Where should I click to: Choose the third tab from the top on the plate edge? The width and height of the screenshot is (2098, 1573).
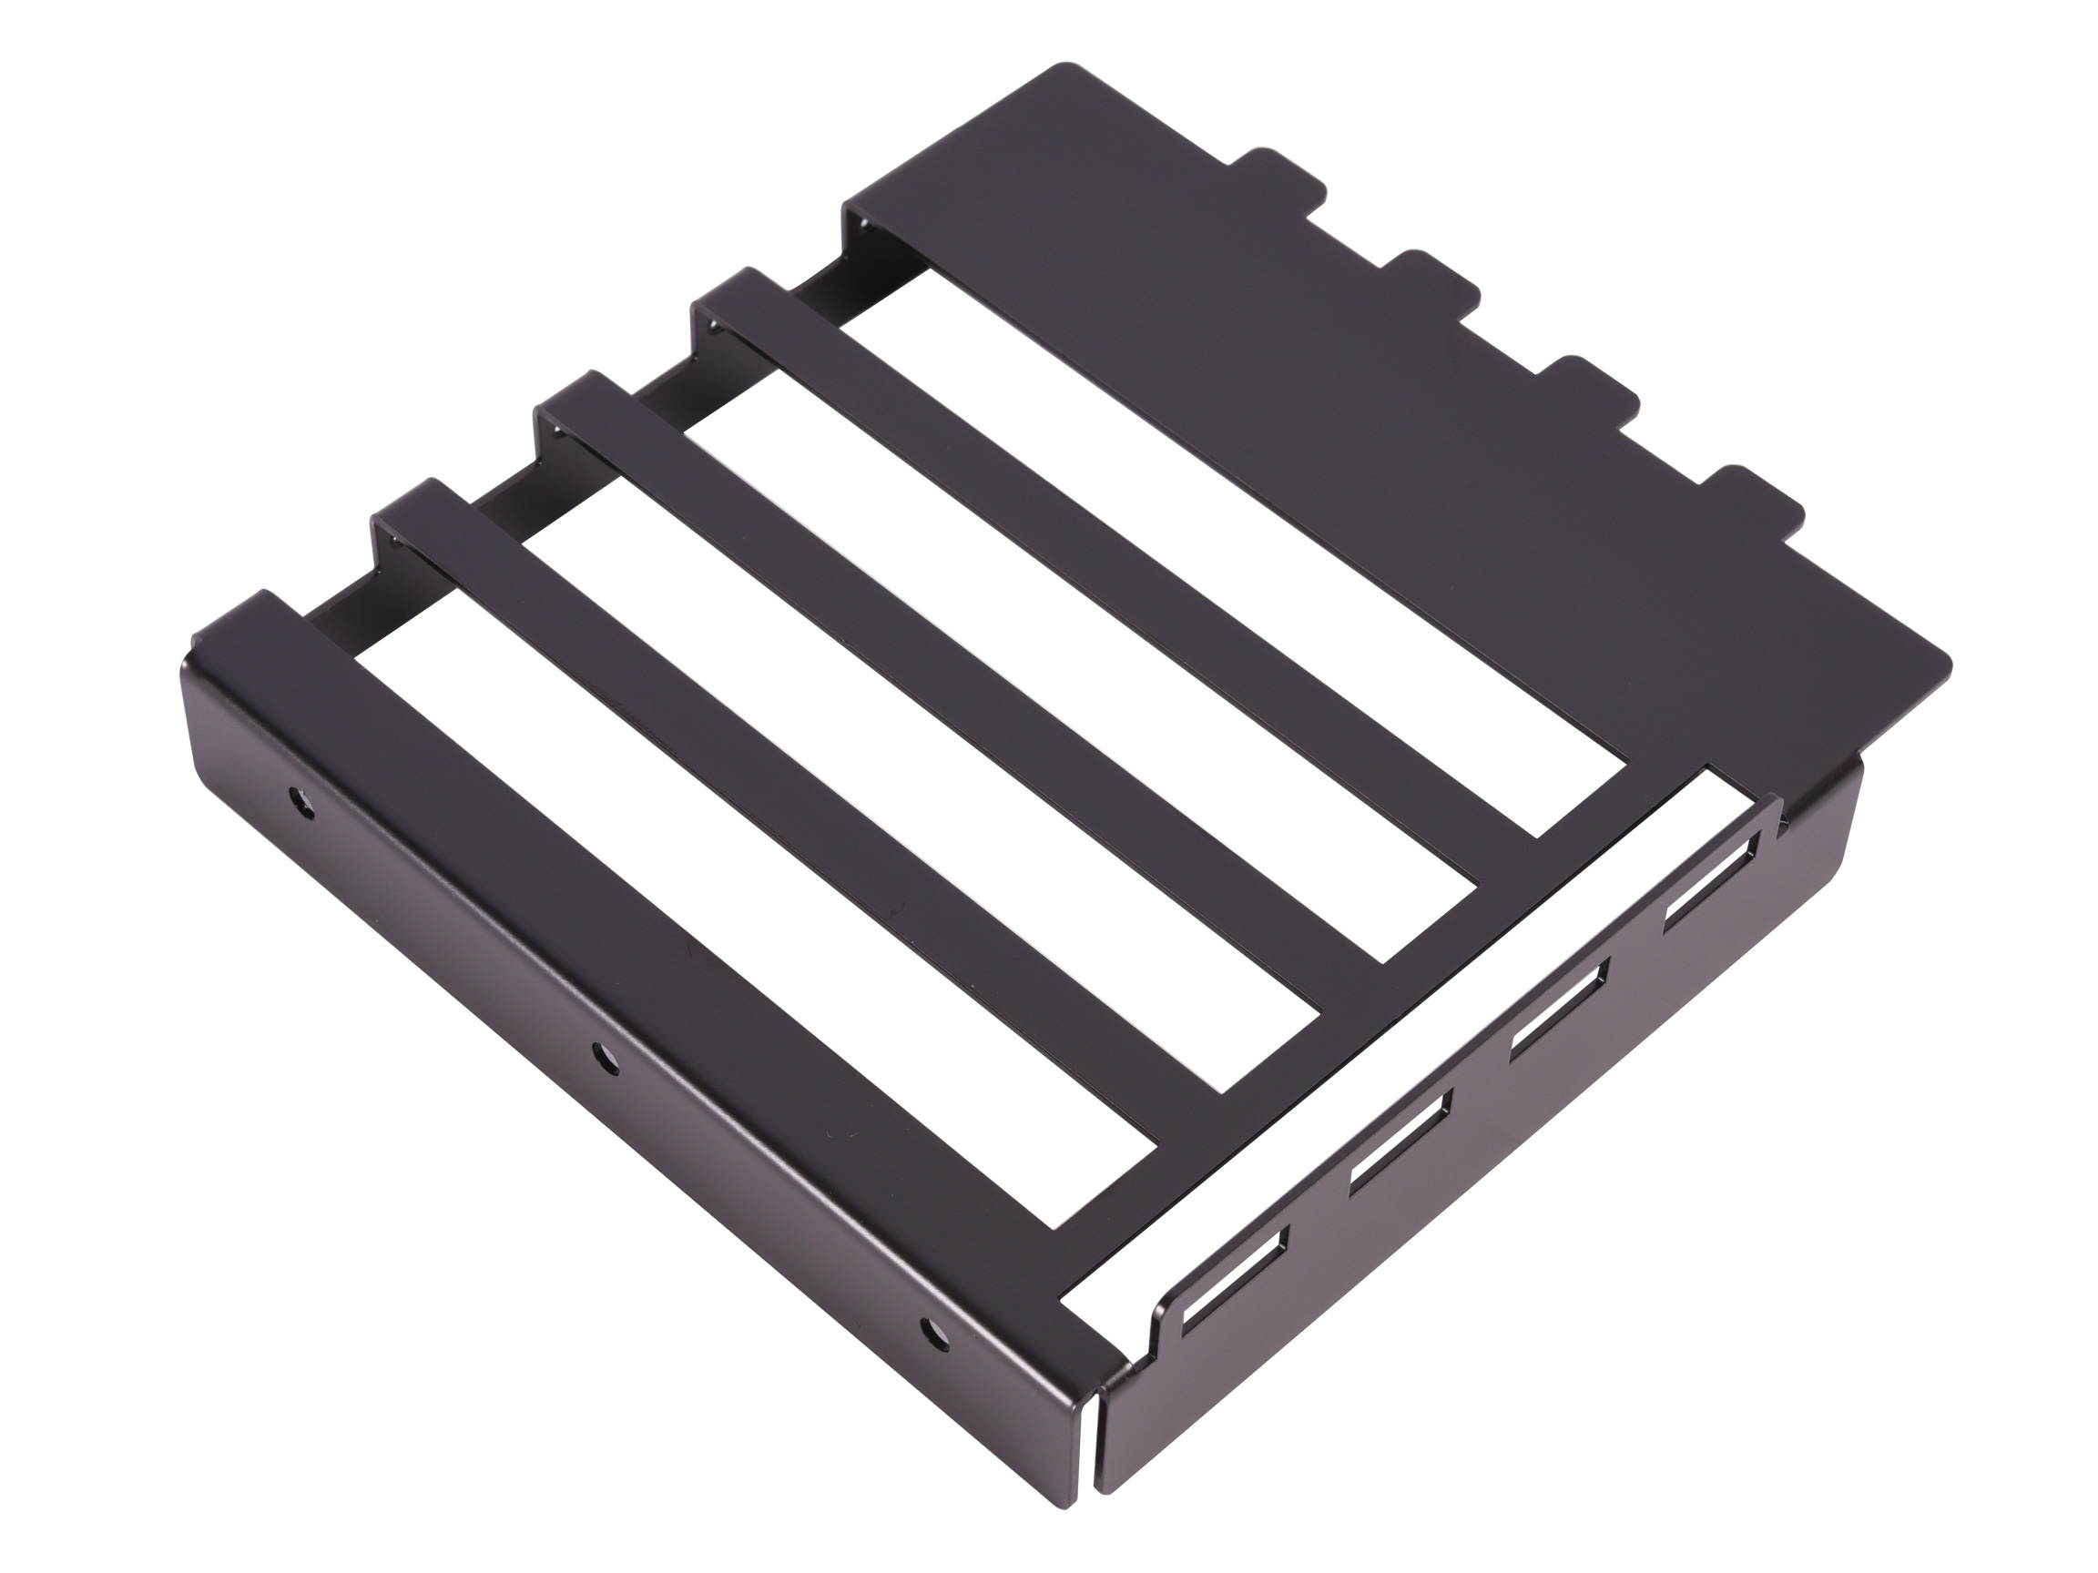(1595, 390)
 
